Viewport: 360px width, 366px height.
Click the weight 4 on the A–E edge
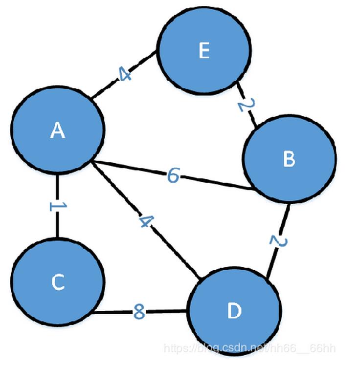click(124, 75)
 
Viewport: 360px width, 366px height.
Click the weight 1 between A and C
click(57, 206)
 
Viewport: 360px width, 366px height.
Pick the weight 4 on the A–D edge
click(145, 221)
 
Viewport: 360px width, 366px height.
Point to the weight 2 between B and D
click(277, 241)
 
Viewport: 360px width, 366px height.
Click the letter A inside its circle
click(58, 130)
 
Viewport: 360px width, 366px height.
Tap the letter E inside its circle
click(204, 51)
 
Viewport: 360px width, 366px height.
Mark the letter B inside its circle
click(289, 159)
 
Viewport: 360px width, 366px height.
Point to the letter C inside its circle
click(58, 282)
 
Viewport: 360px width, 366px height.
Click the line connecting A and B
click(215, 182)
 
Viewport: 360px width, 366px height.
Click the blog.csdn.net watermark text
click(249, 348)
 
